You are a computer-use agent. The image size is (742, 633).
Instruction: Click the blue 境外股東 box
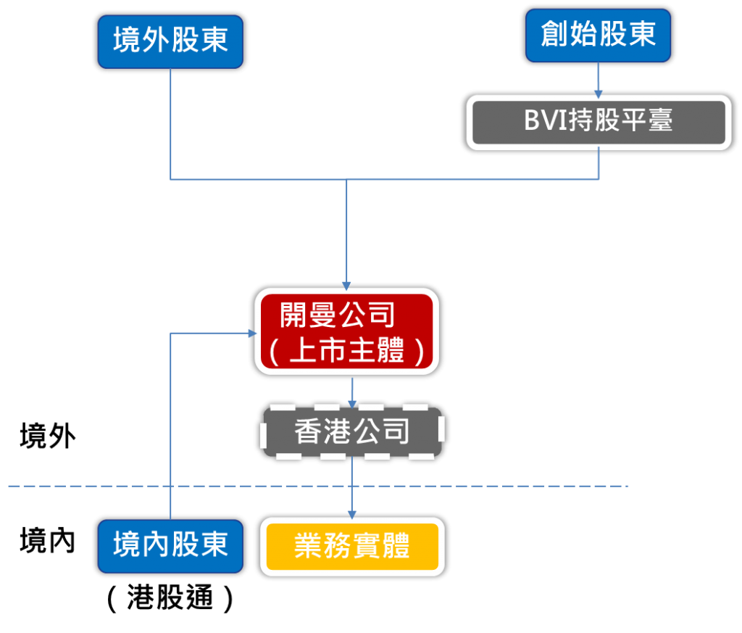coord(170,41)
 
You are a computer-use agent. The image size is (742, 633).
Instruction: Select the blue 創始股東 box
coord(599,35)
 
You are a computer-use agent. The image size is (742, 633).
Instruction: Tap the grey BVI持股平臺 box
coord(599,122)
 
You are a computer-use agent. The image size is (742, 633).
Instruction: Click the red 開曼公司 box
coord(347,331)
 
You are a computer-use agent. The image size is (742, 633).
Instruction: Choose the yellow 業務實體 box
coord(352,547)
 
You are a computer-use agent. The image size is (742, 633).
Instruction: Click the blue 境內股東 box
coord(170,546)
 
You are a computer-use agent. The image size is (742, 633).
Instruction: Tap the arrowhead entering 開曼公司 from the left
coord(251,334)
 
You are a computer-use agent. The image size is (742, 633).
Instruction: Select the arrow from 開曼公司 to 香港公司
coord(352,392)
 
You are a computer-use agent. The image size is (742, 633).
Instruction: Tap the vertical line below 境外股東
coord(170,123)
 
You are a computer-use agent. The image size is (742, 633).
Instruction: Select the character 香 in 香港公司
coord(309,433)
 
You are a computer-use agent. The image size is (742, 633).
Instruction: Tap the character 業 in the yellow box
coord(308,547)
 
